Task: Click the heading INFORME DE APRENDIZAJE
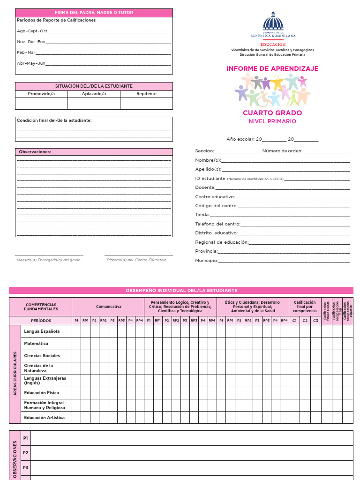(x=272, y=68)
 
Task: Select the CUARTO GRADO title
(x=272, y=113)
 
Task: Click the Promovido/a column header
(x=41, y=94)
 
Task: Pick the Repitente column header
(x=146, y=94)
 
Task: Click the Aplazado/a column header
(x=94, y=94)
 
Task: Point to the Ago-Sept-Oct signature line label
(x=32, y=31)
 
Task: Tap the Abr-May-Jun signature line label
(x=31, y=63)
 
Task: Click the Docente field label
(x=205, y=187)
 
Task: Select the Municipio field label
(x=207, y=261)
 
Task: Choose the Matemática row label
(x=36, y=344)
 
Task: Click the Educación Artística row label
(x=45, y=417)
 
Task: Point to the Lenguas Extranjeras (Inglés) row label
(x=45, y=380)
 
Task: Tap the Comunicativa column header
(x=108, y=307)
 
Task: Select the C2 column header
(x=305, y=321)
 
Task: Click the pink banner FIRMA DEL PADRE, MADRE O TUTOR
(x=94, y=13)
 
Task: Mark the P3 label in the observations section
(x=25, y=468)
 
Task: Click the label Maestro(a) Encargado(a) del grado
(x=49, y=260)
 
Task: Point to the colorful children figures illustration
(x=272, y=90)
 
